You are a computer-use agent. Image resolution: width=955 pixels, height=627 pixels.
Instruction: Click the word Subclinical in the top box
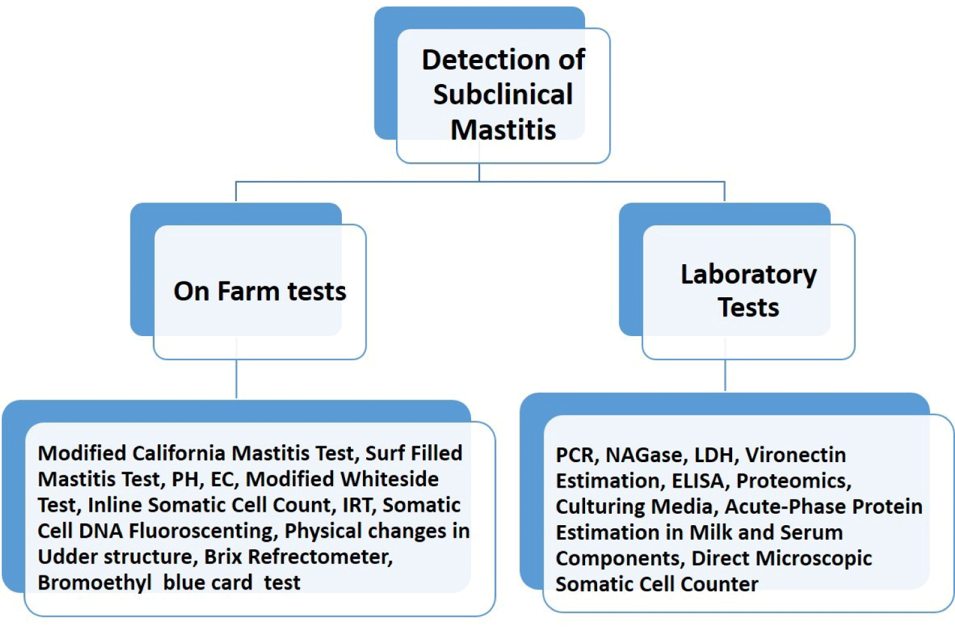[x=503, y=95]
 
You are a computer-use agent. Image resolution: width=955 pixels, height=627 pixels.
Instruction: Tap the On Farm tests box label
[x=260, y=291]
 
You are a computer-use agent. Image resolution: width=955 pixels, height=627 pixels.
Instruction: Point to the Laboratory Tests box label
[x=748, y=290]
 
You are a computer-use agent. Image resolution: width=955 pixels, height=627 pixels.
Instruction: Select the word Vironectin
[x=795, y=455]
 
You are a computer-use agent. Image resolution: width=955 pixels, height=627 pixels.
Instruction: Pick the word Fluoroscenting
[x=202, y=531]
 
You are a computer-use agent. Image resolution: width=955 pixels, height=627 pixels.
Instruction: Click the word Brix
[x=223, y=557]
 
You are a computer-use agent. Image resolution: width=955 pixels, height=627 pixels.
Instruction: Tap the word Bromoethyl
[x=95, y=582]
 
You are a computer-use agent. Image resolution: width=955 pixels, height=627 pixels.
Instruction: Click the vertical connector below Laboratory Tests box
[x=725, y=375]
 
